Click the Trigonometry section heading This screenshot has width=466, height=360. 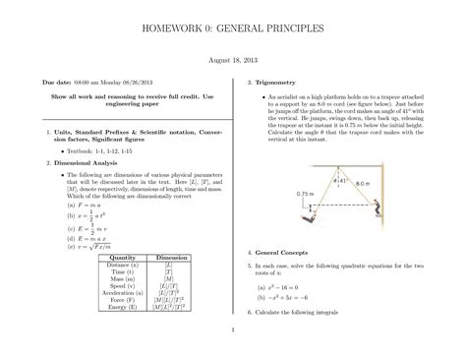click(x=285, y=83)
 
